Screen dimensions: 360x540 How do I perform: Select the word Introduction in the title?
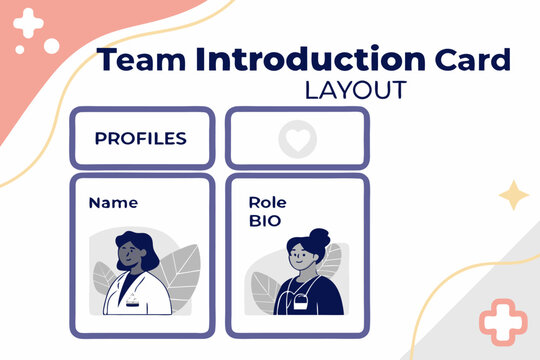pos(310,59)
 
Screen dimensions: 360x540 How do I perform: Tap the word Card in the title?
pos(471,60)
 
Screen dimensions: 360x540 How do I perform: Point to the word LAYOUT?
pos(356,90)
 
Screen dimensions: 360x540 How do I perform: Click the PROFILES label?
pos(140,139)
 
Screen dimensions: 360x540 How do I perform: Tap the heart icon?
pos(296,140)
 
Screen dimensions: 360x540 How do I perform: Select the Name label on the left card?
pos(113,202)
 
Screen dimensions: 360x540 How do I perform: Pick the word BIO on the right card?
pos(265,220)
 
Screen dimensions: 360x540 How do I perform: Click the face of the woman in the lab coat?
pos(131,253)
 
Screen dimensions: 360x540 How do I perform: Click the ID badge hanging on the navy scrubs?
pos(299,303)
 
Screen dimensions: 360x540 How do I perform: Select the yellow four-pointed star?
pos(514,195)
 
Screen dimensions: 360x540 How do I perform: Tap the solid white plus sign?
pos(29,23)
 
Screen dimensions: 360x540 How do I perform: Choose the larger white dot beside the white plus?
pos(51,46)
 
